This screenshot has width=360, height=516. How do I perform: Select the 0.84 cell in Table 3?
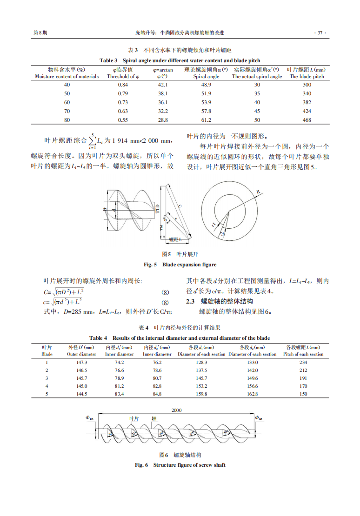point(123,85)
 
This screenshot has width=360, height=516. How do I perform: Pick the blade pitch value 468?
point(307,120)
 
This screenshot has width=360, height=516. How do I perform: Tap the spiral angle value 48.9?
point(206,85)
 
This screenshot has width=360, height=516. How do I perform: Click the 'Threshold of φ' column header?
point(123,76)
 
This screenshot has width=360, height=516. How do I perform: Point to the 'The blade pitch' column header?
point(307,76)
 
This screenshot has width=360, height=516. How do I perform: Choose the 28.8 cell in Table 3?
point(163,120)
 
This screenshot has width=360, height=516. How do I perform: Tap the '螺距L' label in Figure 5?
point(175,239)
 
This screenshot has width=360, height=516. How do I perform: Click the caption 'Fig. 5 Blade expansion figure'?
point(180,265)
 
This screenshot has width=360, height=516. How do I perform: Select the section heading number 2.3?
point(191,302)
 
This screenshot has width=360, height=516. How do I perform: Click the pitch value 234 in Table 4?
point(303,362)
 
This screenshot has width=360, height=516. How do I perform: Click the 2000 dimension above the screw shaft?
point(177,410)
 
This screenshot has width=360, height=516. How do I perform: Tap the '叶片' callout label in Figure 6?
point(134,418)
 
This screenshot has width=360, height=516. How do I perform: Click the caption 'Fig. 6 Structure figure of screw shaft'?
point(180,465)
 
